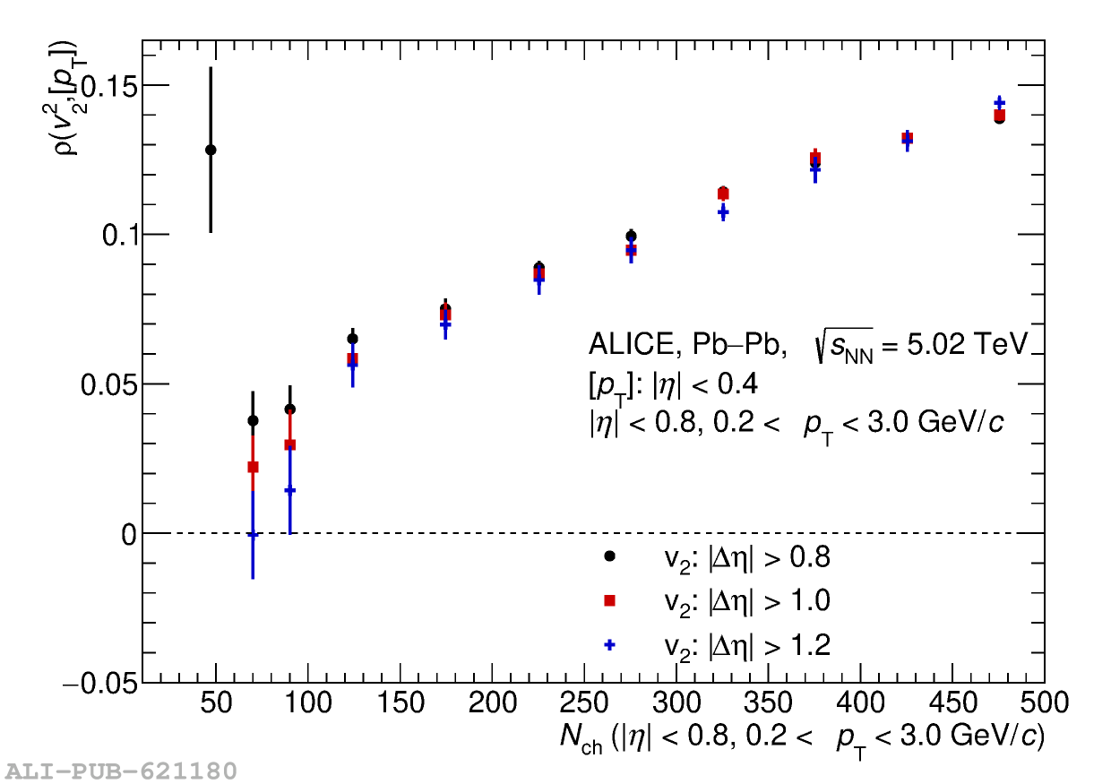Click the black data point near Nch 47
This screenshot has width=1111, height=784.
pos(211,150)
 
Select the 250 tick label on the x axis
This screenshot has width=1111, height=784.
pos(585,703)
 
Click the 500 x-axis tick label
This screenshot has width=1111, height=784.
pos(1044,703)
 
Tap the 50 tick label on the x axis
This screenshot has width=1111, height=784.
pos(216,703)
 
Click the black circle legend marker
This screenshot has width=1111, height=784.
pos(609,556)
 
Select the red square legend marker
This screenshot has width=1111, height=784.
pos(609,600)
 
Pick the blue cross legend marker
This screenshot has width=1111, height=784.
pos(609,644)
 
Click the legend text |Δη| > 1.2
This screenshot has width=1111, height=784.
pos(747,644)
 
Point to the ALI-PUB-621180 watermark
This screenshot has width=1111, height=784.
pos(121,771)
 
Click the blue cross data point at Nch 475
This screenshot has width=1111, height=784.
pos(999,103)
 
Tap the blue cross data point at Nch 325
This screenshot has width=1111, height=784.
pos(723,212)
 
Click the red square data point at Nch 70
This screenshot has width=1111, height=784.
pos(253,467)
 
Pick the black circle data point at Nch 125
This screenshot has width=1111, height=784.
pos(352,339)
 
